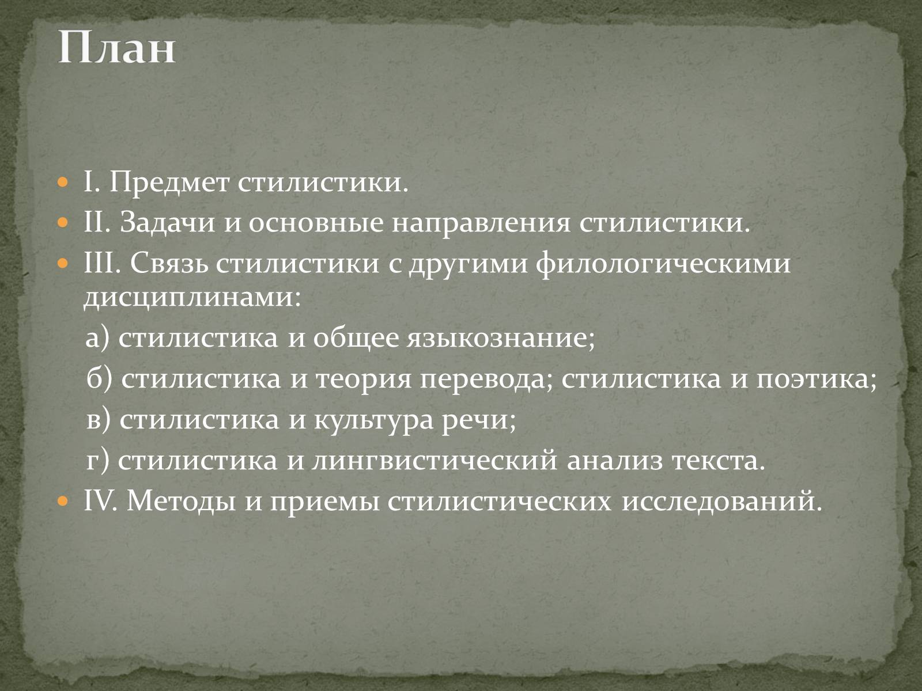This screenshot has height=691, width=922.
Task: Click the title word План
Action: click(116, 47)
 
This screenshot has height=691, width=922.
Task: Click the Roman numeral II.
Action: click(95, 223)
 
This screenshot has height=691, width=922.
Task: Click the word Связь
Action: click(169, 264)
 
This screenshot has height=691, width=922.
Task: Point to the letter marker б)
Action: click(99, 378)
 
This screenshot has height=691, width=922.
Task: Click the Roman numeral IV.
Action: click(99, 501)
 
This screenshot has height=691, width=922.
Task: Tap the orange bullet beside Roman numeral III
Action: click(62, 264)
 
